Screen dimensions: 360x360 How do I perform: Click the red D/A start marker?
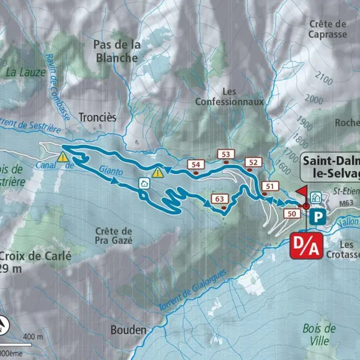306,245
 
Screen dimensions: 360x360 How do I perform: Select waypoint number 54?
196,164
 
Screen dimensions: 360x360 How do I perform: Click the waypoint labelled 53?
226,154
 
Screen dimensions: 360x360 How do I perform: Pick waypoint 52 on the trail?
254,162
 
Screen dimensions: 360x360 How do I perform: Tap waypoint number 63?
220,199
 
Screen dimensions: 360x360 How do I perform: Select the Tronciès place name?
97,118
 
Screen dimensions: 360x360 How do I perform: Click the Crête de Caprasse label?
327,29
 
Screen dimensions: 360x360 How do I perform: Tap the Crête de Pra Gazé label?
113,235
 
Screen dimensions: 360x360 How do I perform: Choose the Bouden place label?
128,330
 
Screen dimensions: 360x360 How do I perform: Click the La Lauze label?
26,71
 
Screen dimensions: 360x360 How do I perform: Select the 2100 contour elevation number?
323,76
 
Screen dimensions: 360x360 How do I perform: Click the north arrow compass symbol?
5,325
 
